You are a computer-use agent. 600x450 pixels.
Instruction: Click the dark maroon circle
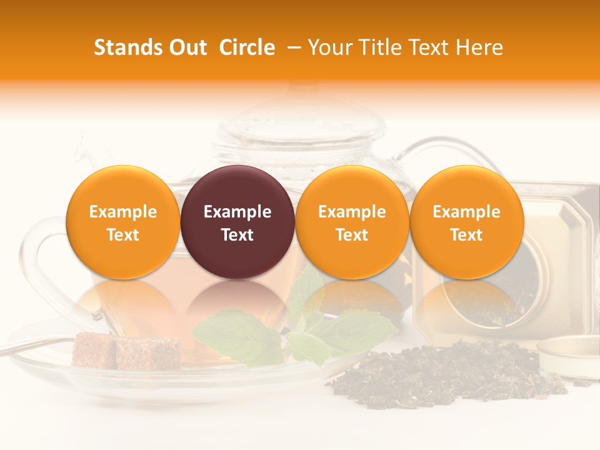click(x=237, y=222)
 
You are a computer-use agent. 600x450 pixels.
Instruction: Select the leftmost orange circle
click(x=123, y=222)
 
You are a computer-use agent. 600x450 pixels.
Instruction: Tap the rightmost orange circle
click(x=466, y=222)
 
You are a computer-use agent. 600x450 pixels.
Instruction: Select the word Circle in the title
click(x=247, y=47)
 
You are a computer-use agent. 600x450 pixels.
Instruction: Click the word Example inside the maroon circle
click(x=237, y=212)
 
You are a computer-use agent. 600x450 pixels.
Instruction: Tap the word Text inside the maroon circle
click(x=237, y=235)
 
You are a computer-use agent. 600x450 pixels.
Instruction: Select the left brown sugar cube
click(x=94, y=350)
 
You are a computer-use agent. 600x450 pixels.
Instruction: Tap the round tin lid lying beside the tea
click(x=569, y=356)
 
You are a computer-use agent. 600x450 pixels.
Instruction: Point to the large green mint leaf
click(x=237, y=337)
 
